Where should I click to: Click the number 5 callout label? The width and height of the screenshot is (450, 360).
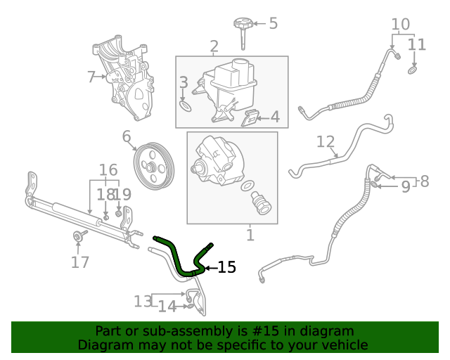tap(273, 23)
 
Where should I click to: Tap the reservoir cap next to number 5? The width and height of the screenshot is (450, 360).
tap(243, 26)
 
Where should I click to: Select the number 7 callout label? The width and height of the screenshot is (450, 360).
tap(91, 77)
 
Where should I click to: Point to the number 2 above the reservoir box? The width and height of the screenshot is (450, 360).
tap(214, 47)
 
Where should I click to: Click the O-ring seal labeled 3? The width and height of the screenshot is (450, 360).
tap(186, 105)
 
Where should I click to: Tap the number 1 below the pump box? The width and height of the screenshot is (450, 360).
tap(250, 233)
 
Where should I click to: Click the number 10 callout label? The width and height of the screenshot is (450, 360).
tap(400, 25)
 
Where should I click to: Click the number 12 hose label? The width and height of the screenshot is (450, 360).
tap(325, 142)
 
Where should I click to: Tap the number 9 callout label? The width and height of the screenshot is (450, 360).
tap(405, 186)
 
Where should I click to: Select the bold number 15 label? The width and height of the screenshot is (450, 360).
tap(226, 267)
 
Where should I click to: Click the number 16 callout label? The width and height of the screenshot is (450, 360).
tap(108, 169)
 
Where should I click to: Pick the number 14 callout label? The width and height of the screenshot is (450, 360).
tap(167, 306)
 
